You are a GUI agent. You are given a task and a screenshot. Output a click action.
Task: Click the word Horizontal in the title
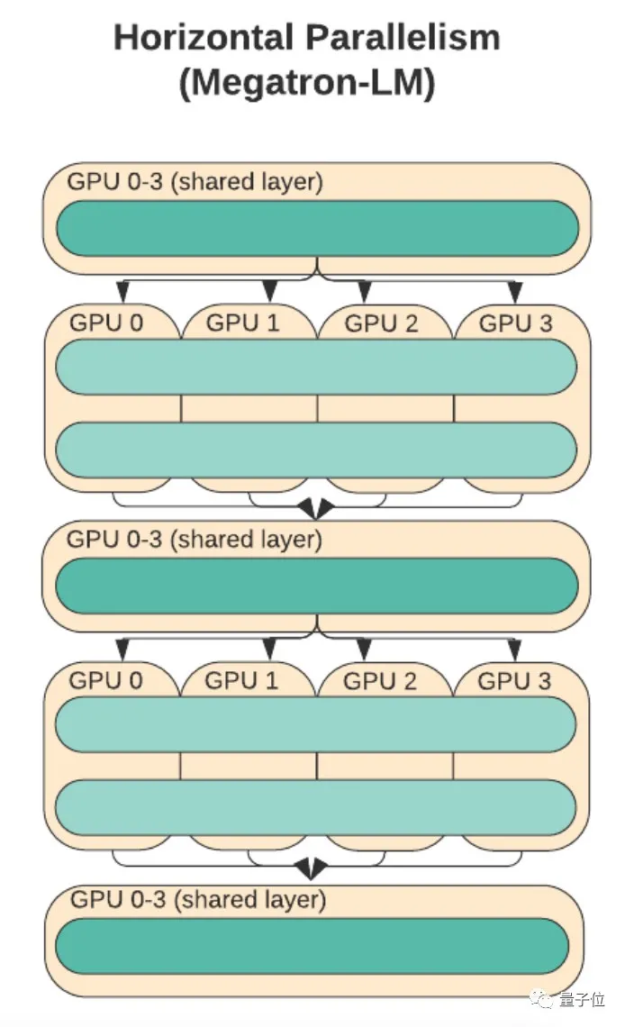pos(204,38)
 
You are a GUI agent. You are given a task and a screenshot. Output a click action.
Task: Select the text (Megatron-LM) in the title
pos(307,83)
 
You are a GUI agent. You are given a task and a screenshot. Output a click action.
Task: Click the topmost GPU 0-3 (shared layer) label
pos(195,181)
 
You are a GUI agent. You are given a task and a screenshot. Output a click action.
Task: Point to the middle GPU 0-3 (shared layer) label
pos(195,540)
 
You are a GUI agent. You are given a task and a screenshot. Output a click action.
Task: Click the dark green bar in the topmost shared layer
pos(317,228)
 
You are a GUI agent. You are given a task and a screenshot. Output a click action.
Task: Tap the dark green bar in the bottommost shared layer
pos(312,946)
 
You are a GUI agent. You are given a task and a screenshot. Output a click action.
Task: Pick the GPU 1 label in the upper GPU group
pos(243,323)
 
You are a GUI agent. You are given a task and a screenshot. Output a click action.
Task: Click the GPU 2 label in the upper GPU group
pos(382,323)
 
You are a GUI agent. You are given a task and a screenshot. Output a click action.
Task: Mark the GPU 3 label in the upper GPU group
pos(516,323)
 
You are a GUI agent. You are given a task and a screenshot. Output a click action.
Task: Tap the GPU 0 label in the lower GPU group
pos(105,680)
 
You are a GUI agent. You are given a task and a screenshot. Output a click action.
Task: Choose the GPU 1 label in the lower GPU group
pos(242,680)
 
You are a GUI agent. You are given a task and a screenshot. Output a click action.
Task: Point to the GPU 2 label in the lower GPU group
pos(380,681)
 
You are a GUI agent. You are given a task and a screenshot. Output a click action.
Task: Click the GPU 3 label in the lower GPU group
pos(514,680)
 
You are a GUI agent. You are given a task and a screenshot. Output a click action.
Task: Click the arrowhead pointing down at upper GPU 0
pos(122,291)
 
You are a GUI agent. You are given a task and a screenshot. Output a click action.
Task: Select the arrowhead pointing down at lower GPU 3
pos(515,649)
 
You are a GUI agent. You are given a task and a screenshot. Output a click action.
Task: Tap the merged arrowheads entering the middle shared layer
pos(315,510)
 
